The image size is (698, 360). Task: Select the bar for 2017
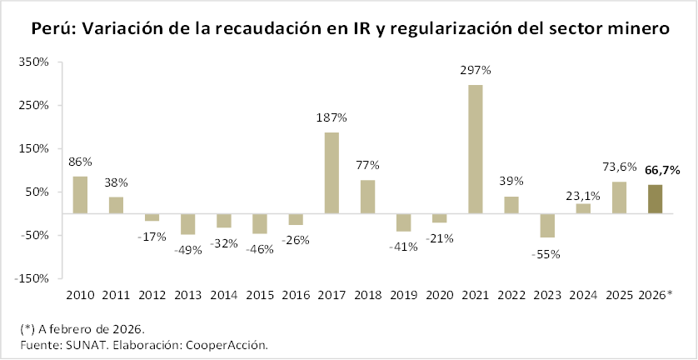coord(332,172)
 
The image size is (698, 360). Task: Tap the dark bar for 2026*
coord(656,199)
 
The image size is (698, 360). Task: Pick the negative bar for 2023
coord(547,225)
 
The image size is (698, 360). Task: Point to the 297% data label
coord(476,70)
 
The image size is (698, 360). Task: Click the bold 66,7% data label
coord(662,170)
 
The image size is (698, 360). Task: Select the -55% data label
coord(546,253)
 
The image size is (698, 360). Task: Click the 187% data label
coord(332,117)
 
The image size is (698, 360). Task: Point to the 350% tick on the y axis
coord(34,62)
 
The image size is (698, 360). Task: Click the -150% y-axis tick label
coord(32,278)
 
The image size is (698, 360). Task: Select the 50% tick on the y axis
coord(37,192)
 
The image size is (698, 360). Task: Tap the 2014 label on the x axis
coord(224,295)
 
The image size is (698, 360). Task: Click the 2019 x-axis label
coord(404,295)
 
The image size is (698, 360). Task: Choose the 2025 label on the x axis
coord(619,295)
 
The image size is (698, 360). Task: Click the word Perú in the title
coord(53,28)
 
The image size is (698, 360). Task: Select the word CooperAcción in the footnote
coord(227,343)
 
